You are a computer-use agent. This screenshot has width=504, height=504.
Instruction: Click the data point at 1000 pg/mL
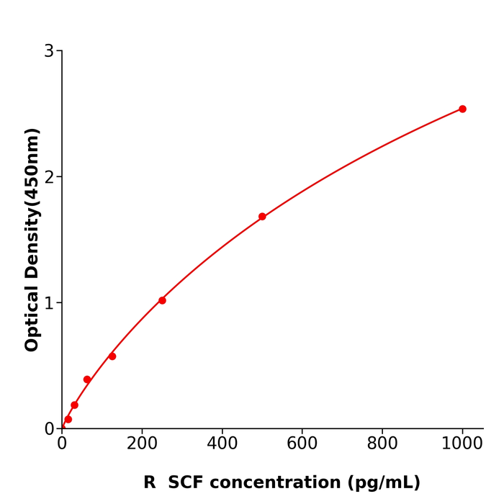(x=462, y=109)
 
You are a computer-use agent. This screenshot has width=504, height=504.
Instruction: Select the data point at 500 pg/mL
(x=262, y=217)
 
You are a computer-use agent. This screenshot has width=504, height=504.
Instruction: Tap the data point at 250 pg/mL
(x=162, y=300)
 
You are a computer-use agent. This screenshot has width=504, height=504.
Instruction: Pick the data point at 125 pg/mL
(x=112, y=356)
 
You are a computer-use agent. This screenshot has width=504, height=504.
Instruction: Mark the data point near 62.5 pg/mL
(x=87, y=379)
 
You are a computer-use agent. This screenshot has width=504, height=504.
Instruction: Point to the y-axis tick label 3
(x=49, y=51)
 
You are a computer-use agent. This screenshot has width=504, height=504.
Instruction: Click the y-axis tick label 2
(x=49, y=177)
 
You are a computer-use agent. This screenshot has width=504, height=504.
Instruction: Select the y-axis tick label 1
(x=49, y=303)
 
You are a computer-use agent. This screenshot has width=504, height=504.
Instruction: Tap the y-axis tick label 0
(x=49, y=429)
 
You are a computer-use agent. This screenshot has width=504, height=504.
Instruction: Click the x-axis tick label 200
(x=142, y=444)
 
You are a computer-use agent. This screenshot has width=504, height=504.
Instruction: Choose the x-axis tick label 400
(x=222, y=444)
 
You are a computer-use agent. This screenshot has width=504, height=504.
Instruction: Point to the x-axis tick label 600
(x=302, y=444)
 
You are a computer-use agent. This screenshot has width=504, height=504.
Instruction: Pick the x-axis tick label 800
(x=382, y=444)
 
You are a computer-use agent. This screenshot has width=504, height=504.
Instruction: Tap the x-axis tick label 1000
(x=462, y=444)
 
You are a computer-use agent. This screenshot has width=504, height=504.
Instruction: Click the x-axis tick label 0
(x=62, y=444)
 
